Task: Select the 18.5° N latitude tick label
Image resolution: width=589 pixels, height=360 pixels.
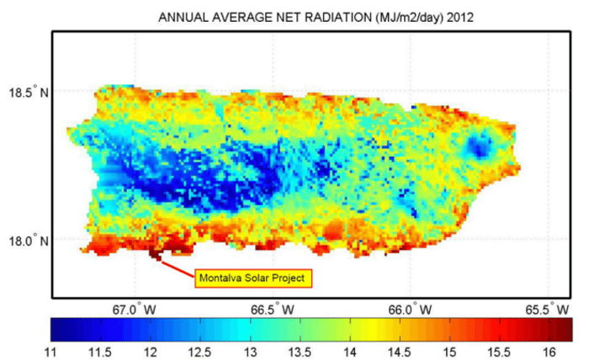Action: coord(28,91)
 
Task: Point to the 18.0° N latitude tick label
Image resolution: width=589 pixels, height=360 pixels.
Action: coord(28,240)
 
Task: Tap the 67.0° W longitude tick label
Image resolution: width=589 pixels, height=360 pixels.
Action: coord(135,309)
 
